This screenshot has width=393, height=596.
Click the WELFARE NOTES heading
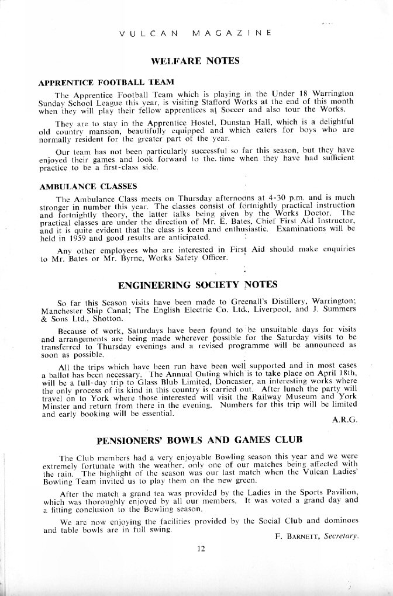click(x=196, y=61)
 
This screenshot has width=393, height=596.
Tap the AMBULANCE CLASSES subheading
click(x=88, y=186)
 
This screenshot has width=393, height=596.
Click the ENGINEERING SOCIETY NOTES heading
click(x=197, y=286)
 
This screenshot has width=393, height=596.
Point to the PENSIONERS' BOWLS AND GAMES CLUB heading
click(x=196, y=439)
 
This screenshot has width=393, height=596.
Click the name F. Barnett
click(x=292, y=536)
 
